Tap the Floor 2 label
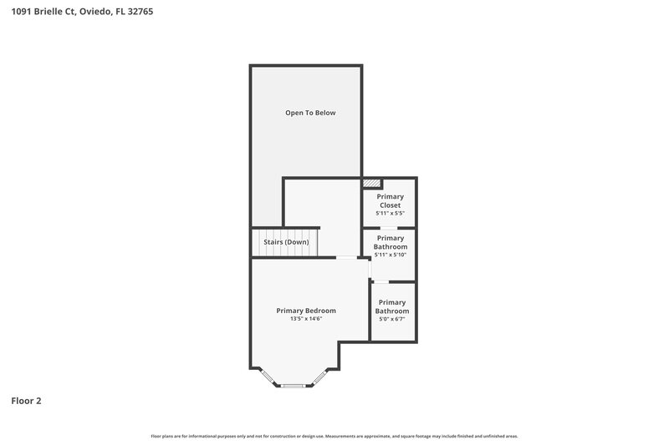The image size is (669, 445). [26, 401]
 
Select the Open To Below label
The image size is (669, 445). [310, 113]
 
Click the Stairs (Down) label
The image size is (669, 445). [286, 242]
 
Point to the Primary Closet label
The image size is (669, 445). [390, 200]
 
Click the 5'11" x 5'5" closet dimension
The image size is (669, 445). [390, 214]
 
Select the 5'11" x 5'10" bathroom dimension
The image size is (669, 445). [391, 255]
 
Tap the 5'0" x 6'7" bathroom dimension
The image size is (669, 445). [391, 319]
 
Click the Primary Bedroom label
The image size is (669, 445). [306, 311]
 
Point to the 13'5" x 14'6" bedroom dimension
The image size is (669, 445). [306, 319]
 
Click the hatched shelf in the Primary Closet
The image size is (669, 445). [372, 182]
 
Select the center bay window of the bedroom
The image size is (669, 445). [293, 385]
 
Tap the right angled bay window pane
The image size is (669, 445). [320, 377]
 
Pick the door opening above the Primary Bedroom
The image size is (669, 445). [348, 257]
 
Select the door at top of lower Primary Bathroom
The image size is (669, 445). [380, 282]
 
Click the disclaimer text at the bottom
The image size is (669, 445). [334, 436]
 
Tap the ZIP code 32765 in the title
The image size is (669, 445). [137, 12]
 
